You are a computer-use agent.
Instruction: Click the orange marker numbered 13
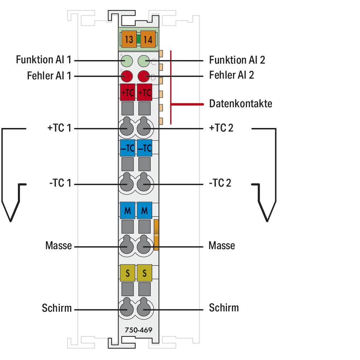point(129,39)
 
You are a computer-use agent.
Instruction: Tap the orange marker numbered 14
point(147,39)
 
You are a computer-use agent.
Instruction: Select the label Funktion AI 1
point(44,59)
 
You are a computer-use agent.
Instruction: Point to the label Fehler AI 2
point(231,75)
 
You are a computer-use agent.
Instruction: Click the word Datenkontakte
point(240,104)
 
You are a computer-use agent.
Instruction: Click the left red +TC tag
point(127,92)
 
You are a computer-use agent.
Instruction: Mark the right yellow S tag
point(145,273)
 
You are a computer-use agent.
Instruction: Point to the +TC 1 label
point(59,128)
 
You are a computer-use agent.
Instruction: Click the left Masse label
point(58,246)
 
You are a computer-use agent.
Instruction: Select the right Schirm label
point(224,307)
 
